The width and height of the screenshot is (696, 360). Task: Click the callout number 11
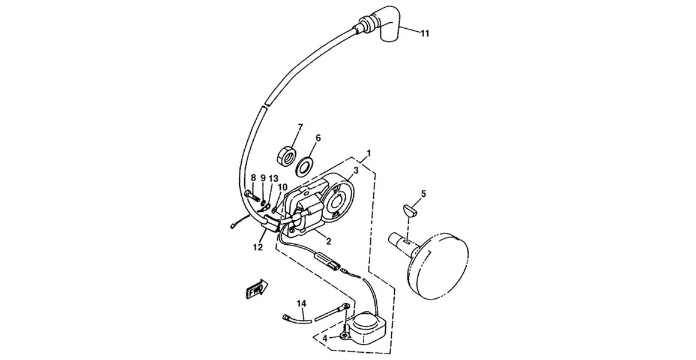point(425,34)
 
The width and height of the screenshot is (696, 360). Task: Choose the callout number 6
point(318,138)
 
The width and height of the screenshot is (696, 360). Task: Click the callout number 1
point(369,154)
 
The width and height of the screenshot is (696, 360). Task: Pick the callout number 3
point(356,170)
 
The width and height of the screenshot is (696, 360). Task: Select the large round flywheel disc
point(442,263)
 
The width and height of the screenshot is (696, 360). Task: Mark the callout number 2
point(328,241)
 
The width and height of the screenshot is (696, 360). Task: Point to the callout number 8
point(253,178)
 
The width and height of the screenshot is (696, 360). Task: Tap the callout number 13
point(274,178)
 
